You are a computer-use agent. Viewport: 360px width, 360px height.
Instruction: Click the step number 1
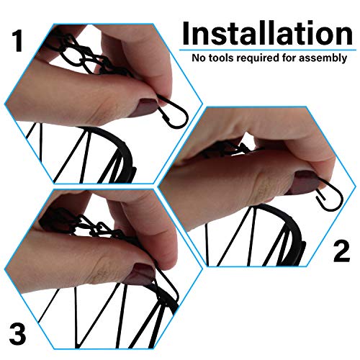tap(17, 41)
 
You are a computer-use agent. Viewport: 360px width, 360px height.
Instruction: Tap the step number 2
tap(341, 251)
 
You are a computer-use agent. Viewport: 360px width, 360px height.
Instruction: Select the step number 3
tap(17, 334)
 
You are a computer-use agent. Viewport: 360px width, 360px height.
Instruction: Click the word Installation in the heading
tap(267, 33)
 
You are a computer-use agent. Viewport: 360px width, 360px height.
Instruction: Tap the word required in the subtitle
tap(258, 58)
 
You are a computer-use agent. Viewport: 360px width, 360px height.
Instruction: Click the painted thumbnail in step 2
tap(305, 182)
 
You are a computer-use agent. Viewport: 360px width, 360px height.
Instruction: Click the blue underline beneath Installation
tap(268, 50)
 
